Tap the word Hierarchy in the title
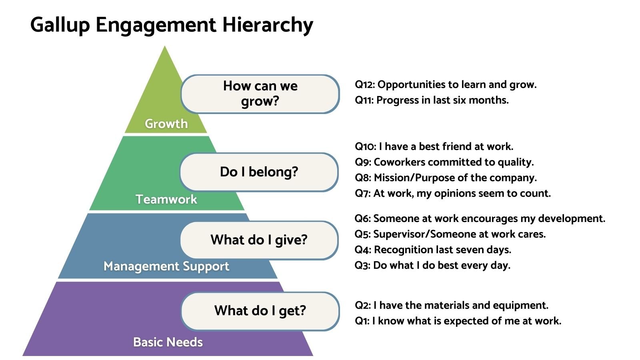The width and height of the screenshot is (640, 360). point(268,25)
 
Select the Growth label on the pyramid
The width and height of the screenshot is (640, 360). point(166,124)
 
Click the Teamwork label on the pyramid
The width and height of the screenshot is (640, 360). point(166,199)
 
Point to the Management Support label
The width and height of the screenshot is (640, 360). point(166,266)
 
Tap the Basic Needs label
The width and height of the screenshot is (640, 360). point(168,342)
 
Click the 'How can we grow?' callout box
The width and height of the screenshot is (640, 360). point(260,94)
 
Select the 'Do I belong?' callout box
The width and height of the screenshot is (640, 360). point(259,172)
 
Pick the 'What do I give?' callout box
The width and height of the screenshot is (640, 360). point(259,240)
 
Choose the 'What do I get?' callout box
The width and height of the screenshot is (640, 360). point(260,311)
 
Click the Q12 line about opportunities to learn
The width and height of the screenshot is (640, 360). point(446,84)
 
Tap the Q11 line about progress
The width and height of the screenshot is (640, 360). point(432,100)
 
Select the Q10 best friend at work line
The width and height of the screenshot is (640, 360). point(434,146)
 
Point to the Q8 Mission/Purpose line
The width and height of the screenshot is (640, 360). point(446,178)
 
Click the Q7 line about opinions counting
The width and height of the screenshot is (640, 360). point(453,194)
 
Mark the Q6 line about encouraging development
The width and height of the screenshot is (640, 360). point(480,218)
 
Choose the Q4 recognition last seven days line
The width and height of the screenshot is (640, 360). point(433,250)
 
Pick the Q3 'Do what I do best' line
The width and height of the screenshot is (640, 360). point(432,266)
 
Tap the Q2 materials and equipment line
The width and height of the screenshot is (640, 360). point(452,306)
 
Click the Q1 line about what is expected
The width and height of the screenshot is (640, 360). point(458,321)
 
